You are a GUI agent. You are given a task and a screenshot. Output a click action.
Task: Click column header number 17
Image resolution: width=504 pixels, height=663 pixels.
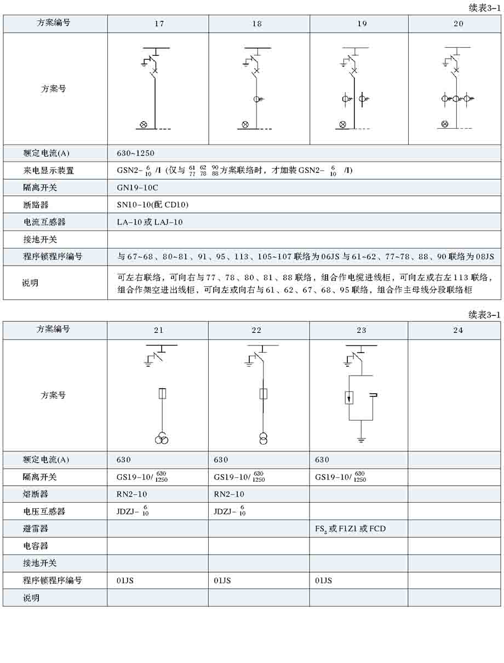(x=159, y=24)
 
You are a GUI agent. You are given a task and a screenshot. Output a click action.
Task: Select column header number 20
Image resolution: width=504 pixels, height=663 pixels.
(x=458, y=24)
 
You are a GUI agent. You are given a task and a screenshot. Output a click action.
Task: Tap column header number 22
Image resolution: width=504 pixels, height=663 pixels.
(x=256, y=330)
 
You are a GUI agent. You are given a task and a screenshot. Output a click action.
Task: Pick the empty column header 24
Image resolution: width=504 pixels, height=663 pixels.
(x=458, y=330)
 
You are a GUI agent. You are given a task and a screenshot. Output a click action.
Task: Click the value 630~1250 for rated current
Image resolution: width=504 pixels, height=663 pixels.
(x=135, y=153)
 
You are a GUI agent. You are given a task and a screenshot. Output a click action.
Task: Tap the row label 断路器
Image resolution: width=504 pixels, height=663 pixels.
(x=36, y=205)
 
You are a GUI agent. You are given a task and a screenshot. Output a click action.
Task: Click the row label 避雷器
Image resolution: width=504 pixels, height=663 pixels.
(x=36, y=529)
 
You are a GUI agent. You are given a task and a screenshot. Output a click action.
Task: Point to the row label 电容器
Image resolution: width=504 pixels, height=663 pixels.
(x=36, y=546)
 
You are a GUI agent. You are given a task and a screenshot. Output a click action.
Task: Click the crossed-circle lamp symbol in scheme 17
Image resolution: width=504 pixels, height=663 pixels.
(x=144, y=124)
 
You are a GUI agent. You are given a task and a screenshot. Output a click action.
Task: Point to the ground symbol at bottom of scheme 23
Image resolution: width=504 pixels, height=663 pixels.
(x=361, y=439)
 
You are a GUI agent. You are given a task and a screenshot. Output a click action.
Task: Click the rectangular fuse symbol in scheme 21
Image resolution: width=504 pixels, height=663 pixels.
(x=162, y=394)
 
